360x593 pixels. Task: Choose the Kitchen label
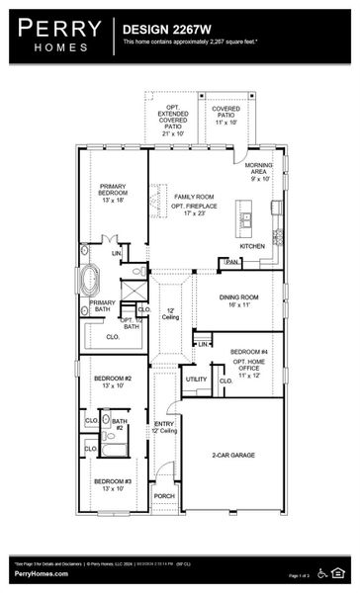252,246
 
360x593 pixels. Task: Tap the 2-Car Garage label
233,456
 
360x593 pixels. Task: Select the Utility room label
196,379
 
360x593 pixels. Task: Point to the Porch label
164,496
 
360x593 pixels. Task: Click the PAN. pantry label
231,262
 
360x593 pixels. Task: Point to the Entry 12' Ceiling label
164,427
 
